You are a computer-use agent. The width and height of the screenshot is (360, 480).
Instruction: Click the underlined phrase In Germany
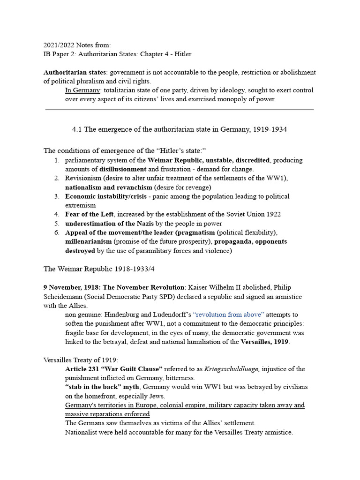click(x=82, y=90)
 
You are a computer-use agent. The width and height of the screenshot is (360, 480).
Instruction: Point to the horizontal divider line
click(x=180, y=110)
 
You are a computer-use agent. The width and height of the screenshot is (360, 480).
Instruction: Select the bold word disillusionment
click(x=123, y=169)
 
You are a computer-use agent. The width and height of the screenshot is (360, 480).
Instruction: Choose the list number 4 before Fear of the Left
click(x=56, y=214)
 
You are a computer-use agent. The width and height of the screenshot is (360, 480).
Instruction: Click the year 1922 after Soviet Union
click(x=273, y=214)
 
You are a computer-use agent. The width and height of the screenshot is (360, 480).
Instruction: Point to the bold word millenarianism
click(x=89, y=241)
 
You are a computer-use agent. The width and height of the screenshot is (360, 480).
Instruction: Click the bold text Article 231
click(x=82, y=369)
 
